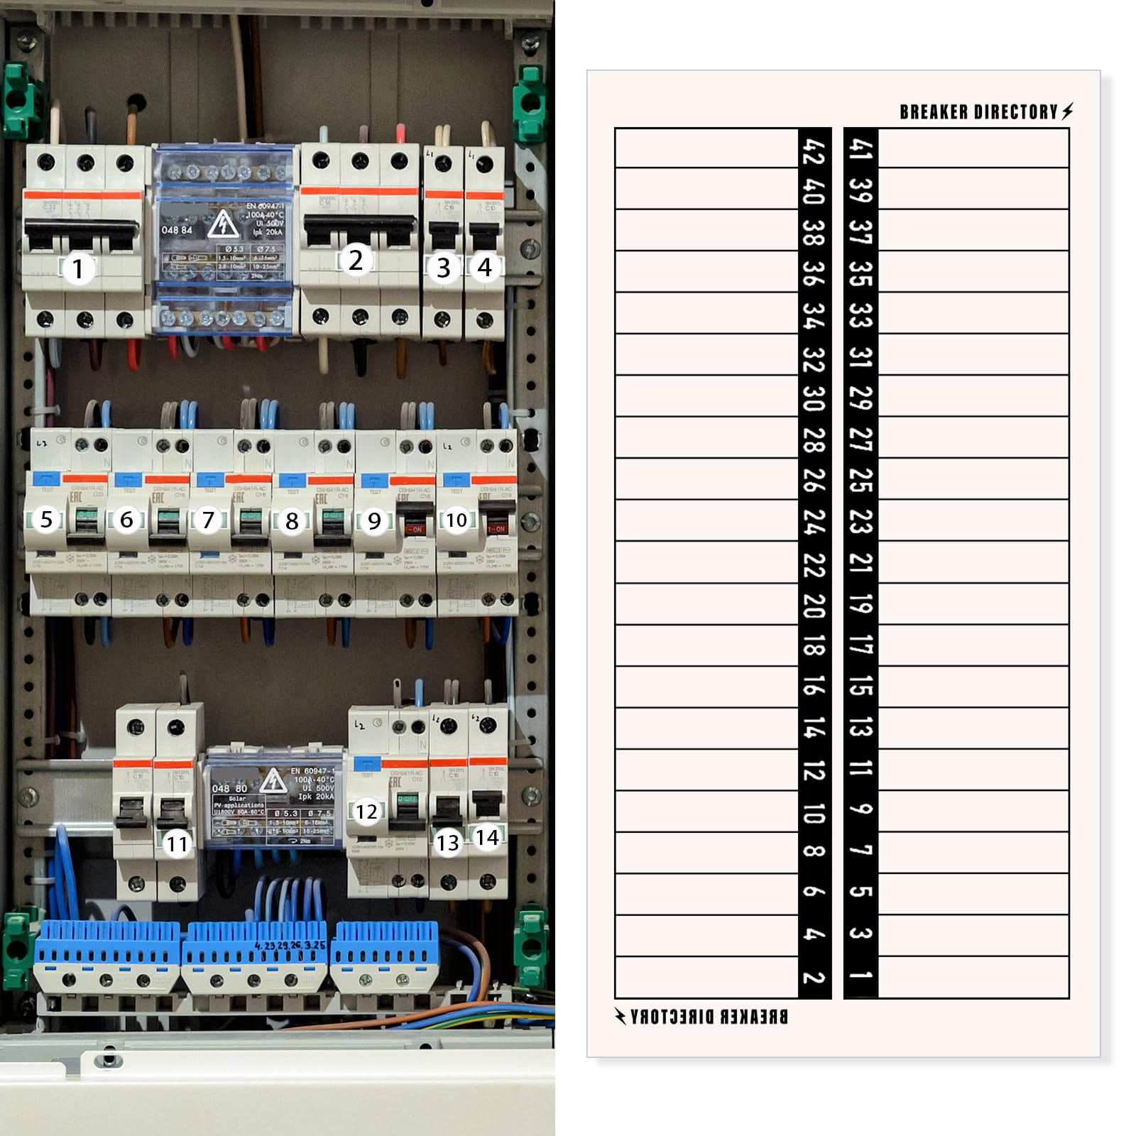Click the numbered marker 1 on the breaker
point(78,269)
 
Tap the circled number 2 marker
point(356,261)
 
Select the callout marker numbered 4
point(485,268)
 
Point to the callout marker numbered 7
point(208,520)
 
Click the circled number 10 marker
point(457,520)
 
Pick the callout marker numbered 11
point(177,843)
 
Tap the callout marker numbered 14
point(487,838)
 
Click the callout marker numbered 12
point(366,812)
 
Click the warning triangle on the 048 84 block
point(223,224)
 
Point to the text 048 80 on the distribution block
point(230,789)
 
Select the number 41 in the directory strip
point(861,150)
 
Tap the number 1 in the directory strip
point(861,976)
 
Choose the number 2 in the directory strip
point(814,977)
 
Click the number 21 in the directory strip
point(861,562)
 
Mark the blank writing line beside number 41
point(973,148)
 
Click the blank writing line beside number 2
point(706,977)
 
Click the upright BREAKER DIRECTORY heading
point(978,112)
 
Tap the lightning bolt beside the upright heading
point(1068,111)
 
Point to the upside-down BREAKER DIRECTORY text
point(709,1017)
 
